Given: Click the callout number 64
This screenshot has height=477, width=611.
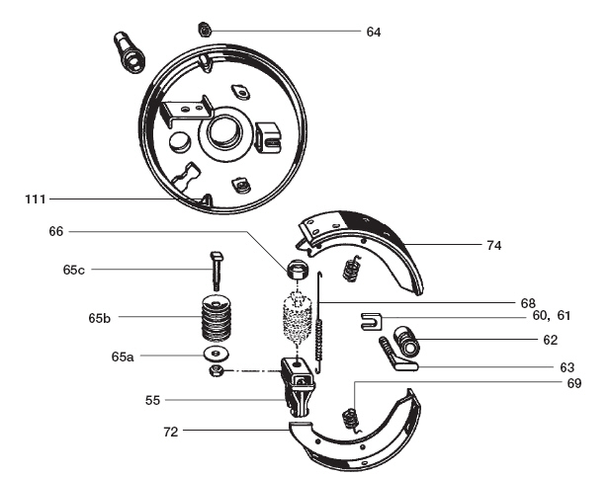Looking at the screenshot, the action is tap(374, 32).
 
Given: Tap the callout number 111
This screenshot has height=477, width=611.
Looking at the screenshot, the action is tap(36, 199).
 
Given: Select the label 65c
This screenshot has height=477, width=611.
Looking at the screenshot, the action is tap(73, 270).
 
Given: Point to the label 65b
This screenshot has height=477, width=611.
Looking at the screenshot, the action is tap(100, 318).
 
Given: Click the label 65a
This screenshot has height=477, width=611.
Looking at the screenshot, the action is tap(123, 357).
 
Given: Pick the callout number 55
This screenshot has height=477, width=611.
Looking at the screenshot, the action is tap(152, 400).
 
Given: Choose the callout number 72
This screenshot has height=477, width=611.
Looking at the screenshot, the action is tap(171, 432).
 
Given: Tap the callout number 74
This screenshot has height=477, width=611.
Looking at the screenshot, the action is tap(493, 246).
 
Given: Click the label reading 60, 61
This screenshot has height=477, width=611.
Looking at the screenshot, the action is tap(551, 315).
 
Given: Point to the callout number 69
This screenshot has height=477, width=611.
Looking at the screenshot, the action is tap(574, 383).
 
